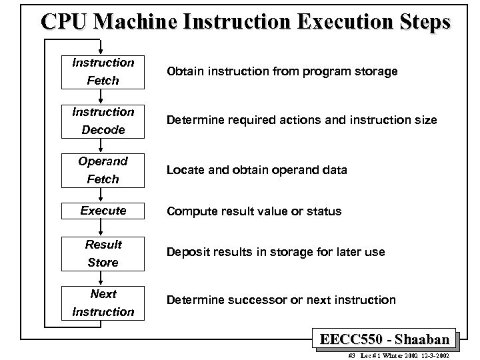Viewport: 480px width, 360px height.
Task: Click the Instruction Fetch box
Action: coord(103,71)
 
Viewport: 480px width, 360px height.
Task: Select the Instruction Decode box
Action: coord(103,121)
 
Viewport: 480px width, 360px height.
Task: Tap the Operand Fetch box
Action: coord(103,170)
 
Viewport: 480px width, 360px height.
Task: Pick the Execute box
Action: coord(103,211)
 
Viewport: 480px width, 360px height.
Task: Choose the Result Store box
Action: coord(103,253)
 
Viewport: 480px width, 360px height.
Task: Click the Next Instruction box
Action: coord(103,303)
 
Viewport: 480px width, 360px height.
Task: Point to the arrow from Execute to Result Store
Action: coord(102,227)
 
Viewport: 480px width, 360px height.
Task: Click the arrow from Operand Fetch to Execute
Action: coord(102,194)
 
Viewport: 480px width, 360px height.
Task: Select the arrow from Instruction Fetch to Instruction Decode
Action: coord(102,96)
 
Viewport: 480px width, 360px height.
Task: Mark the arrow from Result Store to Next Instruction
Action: coord(102,278)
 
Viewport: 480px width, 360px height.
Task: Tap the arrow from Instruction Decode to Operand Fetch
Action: coord(102,145)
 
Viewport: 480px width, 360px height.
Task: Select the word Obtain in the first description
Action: coord(185,71)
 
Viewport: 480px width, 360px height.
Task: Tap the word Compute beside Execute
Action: coord(191,211)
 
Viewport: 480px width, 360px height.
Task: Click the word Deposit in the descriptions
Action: coord(189,253)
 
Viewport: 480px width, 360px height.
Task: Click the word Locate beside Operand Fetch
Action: coord(185,170)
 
